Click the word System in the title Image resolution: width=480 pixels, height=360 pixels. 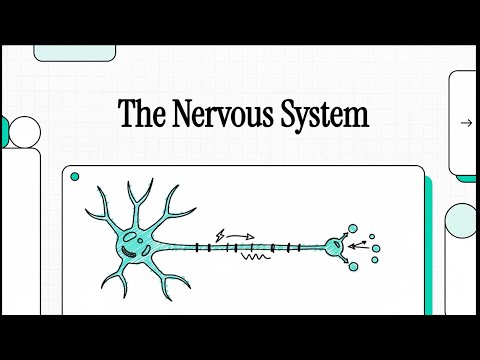(325, 113)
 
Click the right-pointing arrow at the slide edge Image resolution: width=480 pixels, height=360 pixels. (466, 123)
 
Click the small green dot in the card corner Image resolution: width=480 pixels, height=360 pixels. (74, 176)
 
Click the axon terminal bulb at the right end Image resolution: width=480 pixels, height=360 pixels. (334, 244)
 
